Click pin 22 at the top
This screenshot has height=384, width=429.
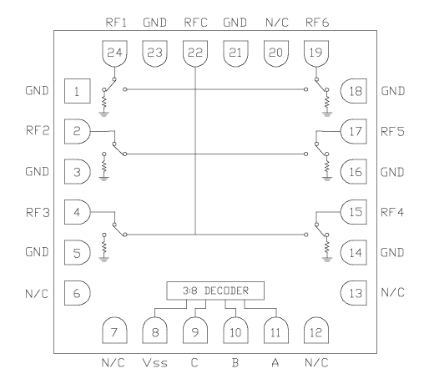194,53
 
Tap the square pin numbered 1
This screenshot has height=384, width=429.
77,91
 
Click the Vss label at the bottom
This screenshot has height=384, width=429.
154,364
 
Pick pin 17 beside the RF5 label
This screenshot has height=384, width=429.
353,131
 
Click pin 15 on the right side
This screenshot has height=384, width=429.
353,212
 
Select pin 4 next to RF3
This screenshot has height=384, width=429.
77,212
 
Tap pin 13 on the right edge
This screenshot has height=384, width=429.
353,292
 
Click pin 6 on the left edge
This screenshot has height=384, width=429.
77,292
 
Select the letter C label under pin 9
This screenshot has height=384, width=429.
194,364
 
